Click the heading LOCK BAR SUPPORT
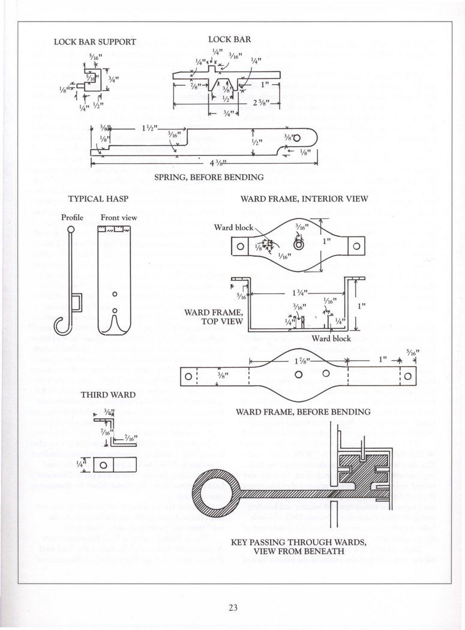tap(95, 42)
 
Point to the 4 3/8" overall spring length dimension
tap(205, 163)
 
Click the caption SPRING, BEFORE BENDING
tap(209, 177)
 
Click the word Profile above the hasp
tap(73, 217)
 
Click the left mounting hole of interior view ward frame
tap(240, 245)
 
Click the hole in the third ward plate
tap(103, 465)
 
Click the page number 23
tap(233, 607)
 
